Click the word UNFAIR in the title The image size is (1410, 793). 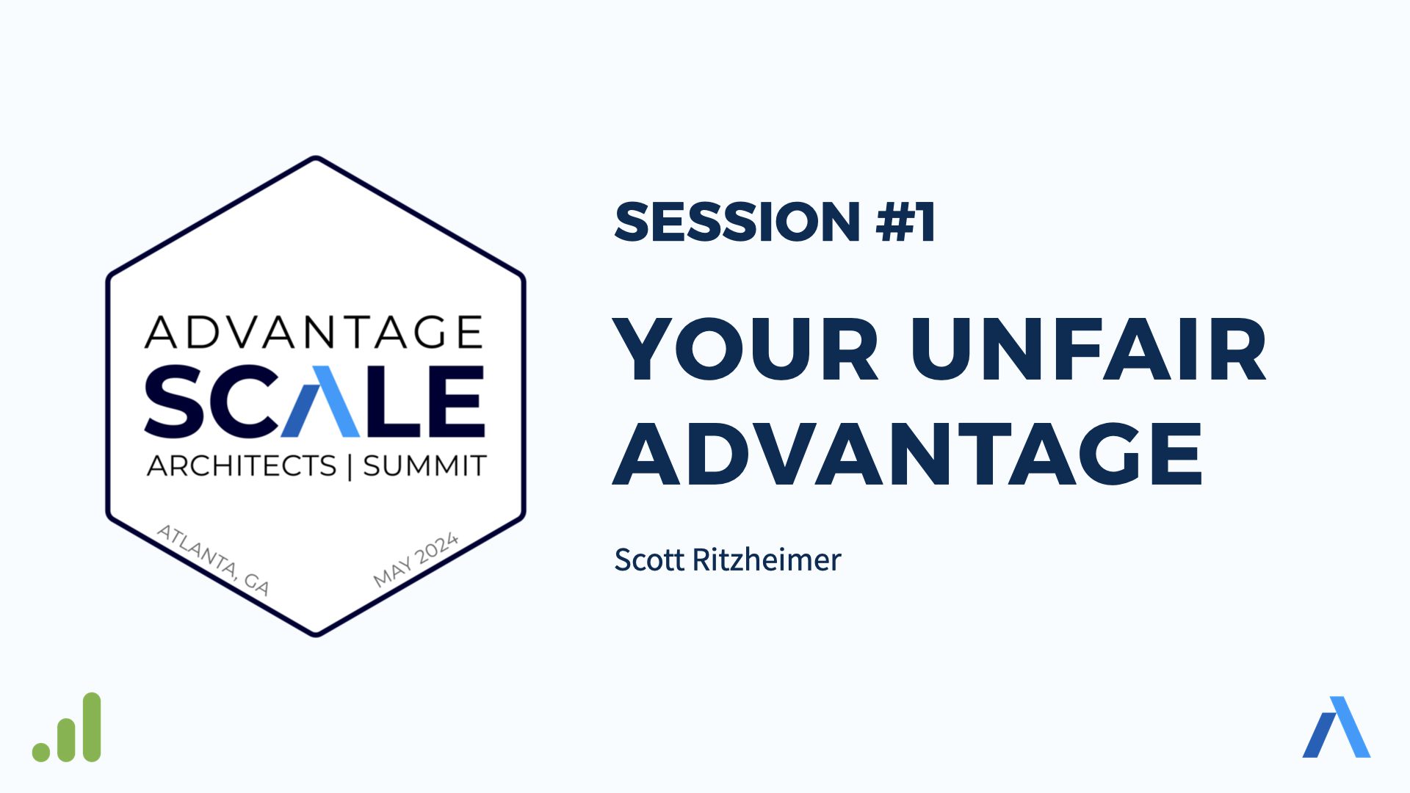pos(1088,349)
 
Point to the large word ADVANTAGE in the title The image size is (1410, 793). pos(907,453)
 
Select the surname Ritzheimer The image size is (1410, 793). pos(767,560)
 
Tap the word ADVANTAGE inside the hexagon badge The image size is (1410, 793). pos(314,332)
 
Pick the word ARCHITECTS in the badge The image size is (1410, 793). pos(242,466)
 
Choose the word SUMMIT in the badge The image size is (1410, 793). pos(424,466)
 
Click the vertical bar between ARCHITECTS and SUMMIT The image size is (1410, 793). pos(350,466)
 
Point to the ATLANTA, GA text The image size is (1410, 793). pos(214,560)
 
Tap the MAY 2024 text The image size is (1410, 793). pos(416,560)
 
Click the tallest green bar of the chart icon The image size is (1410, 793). pos(92,727)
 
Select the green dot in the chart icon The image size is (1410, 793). pos(41,753)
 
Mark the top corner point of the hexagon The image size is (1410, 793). pos(316,157)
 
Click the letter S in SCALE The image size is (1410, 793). pos(174,401)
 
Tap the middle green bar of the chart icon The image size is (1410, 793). pos(67,739)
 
